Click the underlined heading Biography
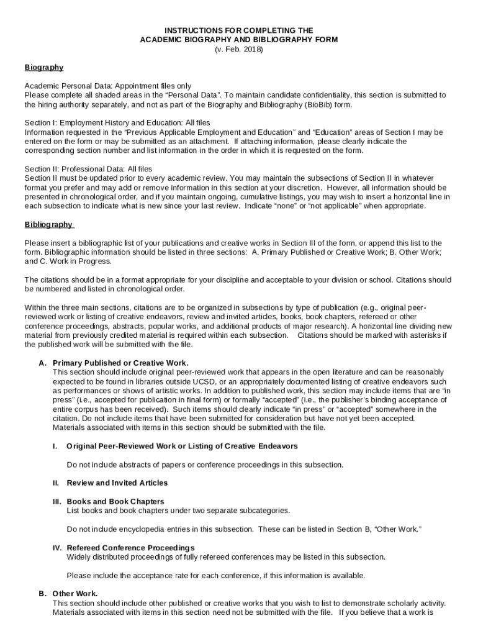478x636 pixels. click(43, 67)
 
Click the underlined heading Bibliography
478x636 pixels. click(48, 224)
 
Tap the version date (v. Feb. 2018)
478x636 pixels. click(239, 49)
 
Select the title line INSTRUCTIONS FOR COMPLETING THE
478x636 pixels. click(239, 30)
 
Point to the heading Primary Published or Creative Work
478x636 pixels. click(120, 363)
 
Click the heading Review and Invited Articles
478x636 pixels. click(117, 483)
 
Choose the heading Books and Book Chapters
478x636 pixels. click(115, 501)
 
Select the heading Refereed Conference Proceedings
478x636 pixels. click(130, 547)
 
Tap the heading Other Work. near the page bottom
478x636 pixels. click(75, 594)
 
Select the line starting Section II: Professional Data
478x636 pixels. click(88, 169)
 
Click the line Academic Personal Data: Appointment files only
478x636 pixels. click(108, 86)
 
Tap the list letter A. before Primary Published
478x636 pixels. click(42, 363)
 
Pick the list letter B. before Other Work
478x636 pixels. click(42, 594)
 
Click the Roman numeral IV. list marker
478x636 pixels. click(56, 547)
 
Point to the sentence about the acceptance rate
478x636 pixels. click(215, 575)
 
